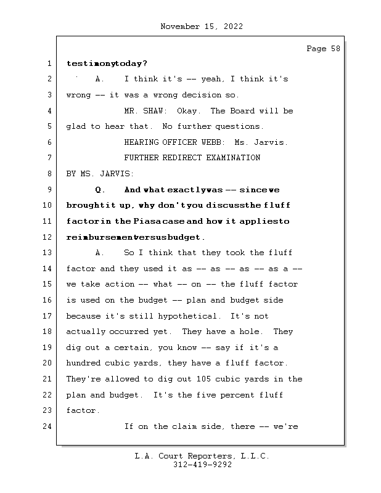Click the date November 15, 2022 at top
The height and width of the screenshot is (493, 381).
[201, 26]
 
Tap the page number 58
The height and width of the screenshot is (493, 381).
[334, 49]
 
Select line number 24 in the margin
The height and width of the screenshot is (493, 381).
[47, 426]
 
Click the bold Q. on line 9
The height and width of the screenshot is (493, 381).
[102, 190]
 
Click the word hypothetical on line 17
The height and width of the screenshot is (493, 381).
[190, 316]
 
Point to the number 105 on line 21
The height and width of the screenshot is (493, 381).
[203, 379]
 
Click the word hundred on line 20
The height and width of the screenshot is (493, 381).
[83, 364]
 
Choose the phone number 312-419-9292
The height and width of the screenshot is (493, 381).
[202, 465]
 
